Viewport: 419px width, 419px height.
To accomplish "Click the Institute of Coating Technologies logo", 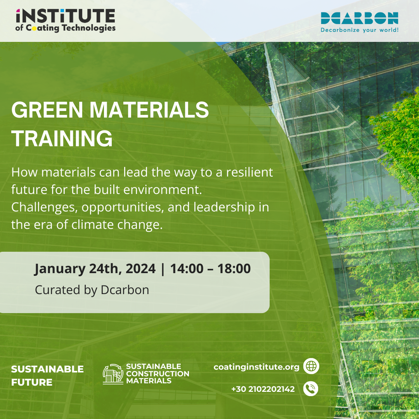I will [65, 21].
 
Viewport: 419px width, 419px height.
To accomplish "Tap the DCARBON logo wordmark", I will [359, 18].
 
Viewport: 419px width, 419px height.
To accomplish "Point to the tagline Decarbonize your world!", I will [359, 29].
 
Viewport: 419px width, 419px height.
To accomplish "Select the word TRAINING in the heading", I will [62, 138].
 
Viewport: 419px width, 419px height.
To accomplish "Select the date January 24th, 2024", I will [95, 269].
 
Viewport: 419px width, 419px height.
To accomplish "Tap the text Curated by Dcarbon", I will [92, 290].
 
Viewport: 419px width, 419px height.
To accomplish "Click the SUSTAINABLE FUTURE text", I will [47, 376].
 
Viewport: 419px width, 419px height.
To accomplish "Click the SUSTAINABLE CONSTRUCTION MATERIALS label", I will [158, 374].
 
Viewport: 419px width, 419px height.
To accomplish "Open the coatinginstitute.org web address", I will [256, 367].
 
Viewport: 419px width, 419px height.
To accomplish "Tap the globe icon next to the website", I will [311, 366].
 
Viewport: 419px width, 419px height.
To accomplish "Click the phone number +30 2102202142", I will [263, 389].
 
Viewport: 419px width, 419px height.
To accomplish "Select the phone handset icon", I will [310, 389].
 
